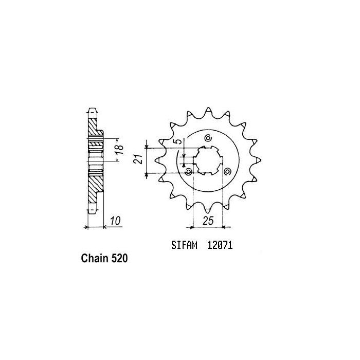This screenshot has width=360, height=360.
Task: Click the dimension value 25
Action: [x=208, y=222]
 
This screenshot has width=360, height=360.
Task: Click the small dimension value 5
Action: [x=176, y=142]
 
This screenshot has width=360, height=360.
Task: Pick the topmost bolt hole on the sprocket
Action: [x=208, y=138]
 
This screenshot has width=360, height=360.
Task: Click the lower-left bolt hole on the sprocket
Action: [x=188, y=171]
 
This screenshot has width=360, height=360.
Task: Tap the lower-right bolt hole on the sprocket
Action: [x=227, y=171]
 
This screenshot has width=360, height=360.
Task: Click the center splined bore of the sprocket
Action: [x=208, y=159]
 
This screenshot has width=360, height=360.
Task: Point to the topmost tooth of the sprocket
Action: [x=208, y=112]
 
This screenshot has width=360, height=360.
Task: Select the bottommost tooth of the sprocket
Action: [x=208, y=208]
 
